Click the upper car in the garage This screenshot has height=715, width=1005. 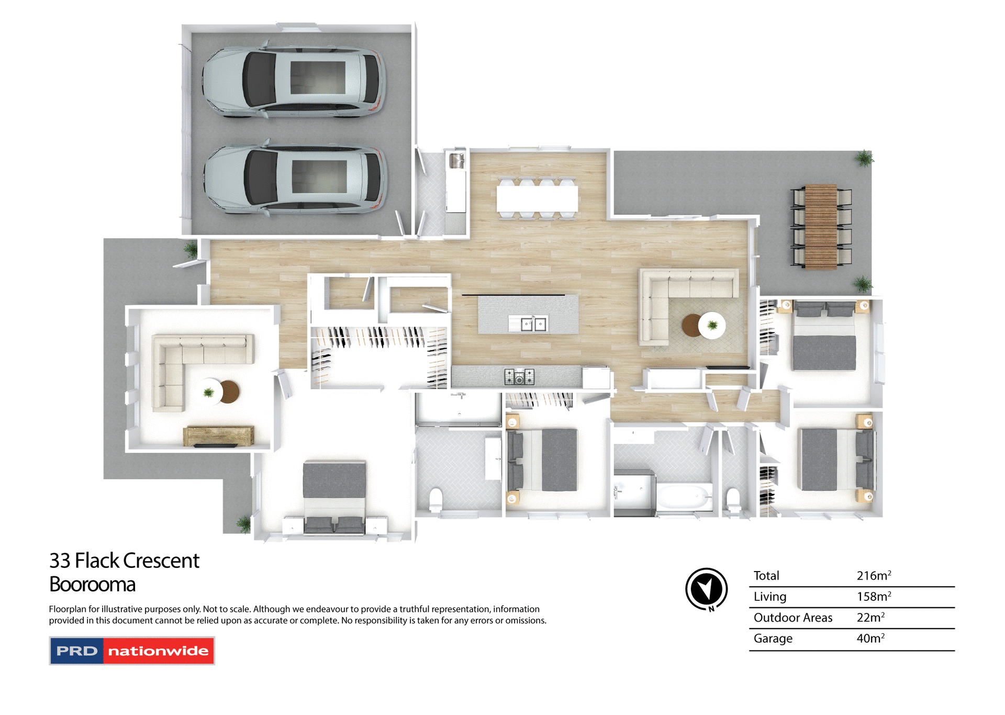coord(293,83)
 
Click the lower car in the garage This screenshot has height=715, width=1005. coord(295,180)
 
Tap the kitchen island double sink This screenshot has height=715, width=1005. coord(528,324)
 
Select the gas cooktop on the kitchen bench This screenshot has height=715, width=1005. coord(519,376)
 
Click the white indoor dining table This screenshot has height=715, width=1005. coord(537,199)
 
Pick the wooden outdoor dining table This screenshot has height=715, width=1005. coord(821,226)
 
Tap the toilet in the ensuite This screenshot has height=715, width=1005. coord(436,499)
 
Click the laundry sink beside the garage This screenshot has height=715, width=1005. coord(456,160)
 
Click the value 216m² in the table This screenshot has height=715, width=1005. coord(873,576)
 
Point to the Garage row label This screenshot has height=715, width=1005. coord(773,639)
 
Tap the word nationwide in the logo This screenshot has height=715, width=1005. coord(158,651)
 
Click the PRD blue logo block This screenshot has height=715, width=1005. coord(77,651)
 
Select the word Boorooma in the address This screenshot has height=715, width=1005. coord(92,584)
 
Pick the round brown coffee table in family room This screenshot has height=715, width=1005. coord(691,326)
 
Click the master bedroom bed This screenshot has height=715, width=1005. coord(334,497)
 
